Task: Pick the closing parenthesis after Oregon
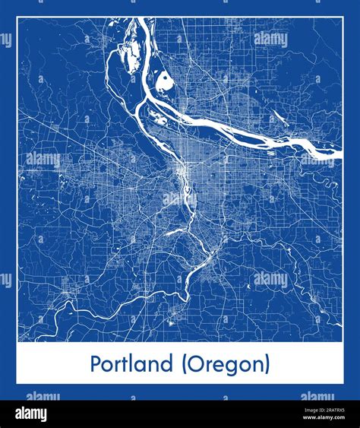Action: pyautogui.click(x=267, y=365)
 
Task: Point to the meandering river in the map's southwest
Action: pyautogui.click(x=91, y=304)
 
